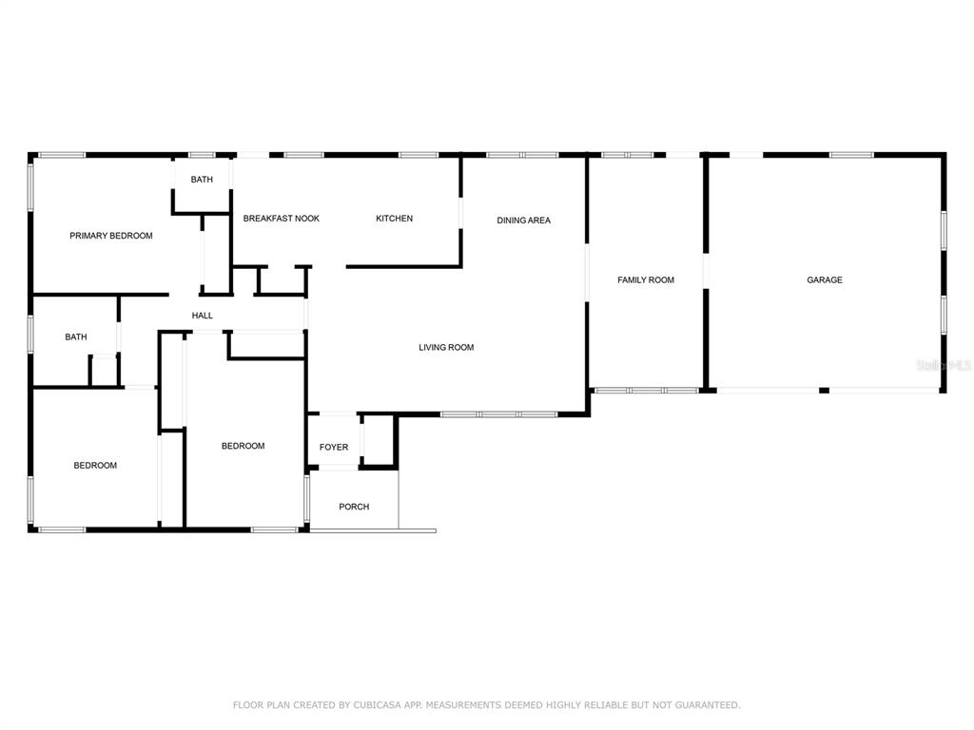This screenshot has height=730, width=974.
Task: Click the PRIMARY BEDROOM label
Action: tap(111, 236)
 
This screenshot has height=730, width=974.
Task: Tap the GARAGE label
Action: tap(825, 280)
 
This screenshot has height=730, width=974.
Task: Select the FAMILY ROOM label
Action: tap(646, 280)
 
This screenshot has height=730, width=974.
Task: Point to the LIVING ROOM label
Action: tap(446, 348)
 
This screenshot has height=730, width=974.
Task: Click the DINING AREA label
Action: tap(524, 221)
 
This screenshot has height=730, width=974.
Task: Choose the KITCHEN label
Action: tap(395, 219)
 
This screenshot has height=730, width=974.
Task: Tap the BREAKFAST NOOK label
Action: tap(282, 219)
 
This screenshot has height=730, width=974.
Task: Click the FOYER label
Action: tap(334, 447)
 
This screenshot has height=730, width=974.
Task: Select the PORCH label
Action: tap(354, 507)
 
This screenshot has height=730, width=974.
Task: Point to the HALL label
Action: tap(203, 316)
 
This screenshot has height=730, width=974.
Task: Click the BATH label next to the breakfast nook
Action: tap(202, 180)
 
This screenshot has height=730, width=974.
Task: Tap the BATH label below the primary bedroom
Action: tap(76, 337)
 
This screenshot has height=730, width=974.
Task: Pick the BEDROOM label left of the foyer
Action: tap(243, 446)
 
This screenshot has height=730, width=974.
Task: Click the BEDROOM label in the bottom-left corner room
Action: tap(95, 466)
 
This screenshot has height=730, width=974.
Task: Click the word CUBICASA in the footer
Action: tap(377, 705)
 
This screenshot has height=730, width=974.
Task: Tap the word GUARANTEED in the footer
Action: tap(708, 705)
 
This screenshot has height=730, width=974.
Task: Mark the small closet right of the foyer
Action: tap(379, 440)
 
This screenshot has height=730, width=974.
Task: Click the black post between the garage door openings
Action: tap(824, 391)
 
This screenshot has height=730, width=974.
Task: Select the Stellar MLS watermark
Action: tap(944, 365)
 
